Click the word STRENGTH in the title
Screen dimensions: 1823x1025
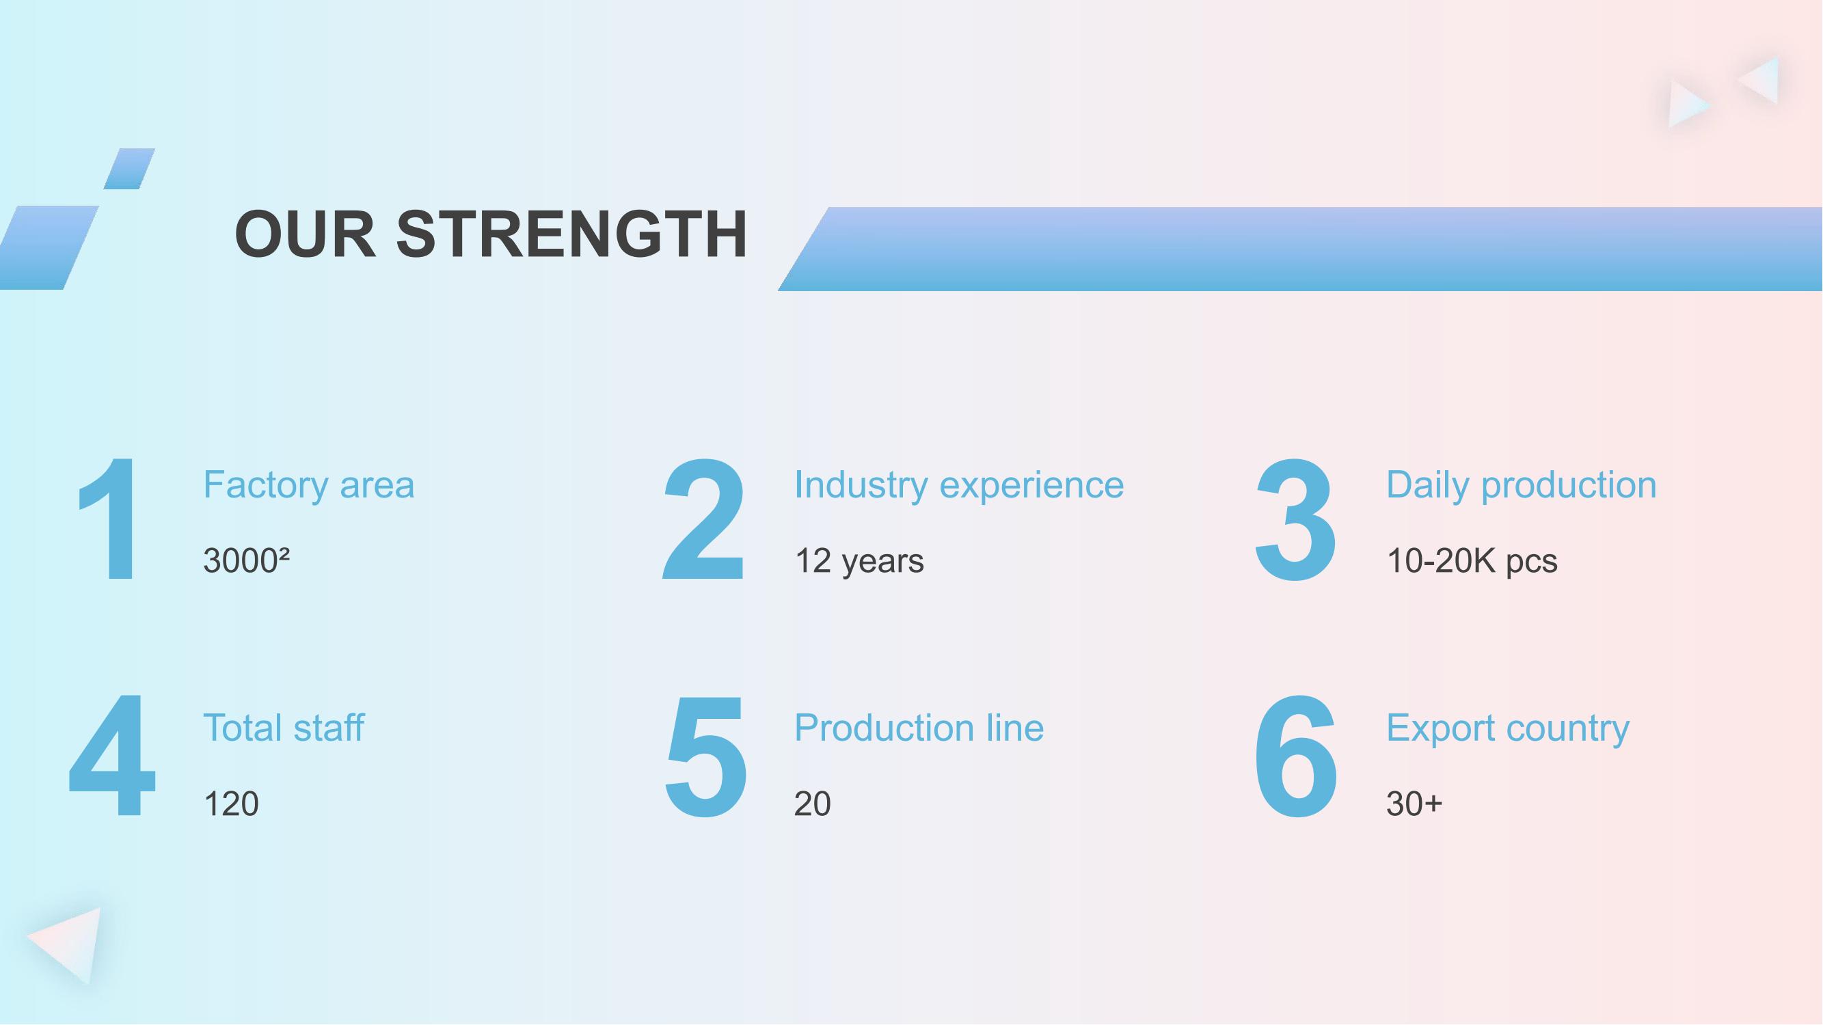571,234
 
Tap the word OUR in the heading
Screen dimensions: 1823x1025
305,234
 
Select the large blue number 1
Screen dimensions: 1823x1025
109,519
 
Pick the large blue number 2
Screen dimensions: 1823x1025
703,519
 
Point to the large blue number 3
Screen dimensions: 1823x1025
1295,521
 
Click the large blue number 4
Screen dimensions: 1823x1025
111,755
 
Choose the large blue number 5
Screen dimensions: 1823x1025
705,757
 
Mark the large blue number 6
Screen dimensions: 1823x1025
1296,756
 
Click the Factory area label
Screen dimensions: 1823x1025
308,485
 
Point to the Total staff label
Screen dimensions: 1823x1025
284,728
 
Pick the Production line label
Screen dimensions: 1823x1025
919,728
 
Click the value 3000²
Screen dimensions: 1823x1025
246,561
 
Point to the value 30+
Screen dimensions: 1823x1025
1414,804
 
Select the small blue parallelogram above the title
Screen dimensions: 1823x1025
129,168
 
